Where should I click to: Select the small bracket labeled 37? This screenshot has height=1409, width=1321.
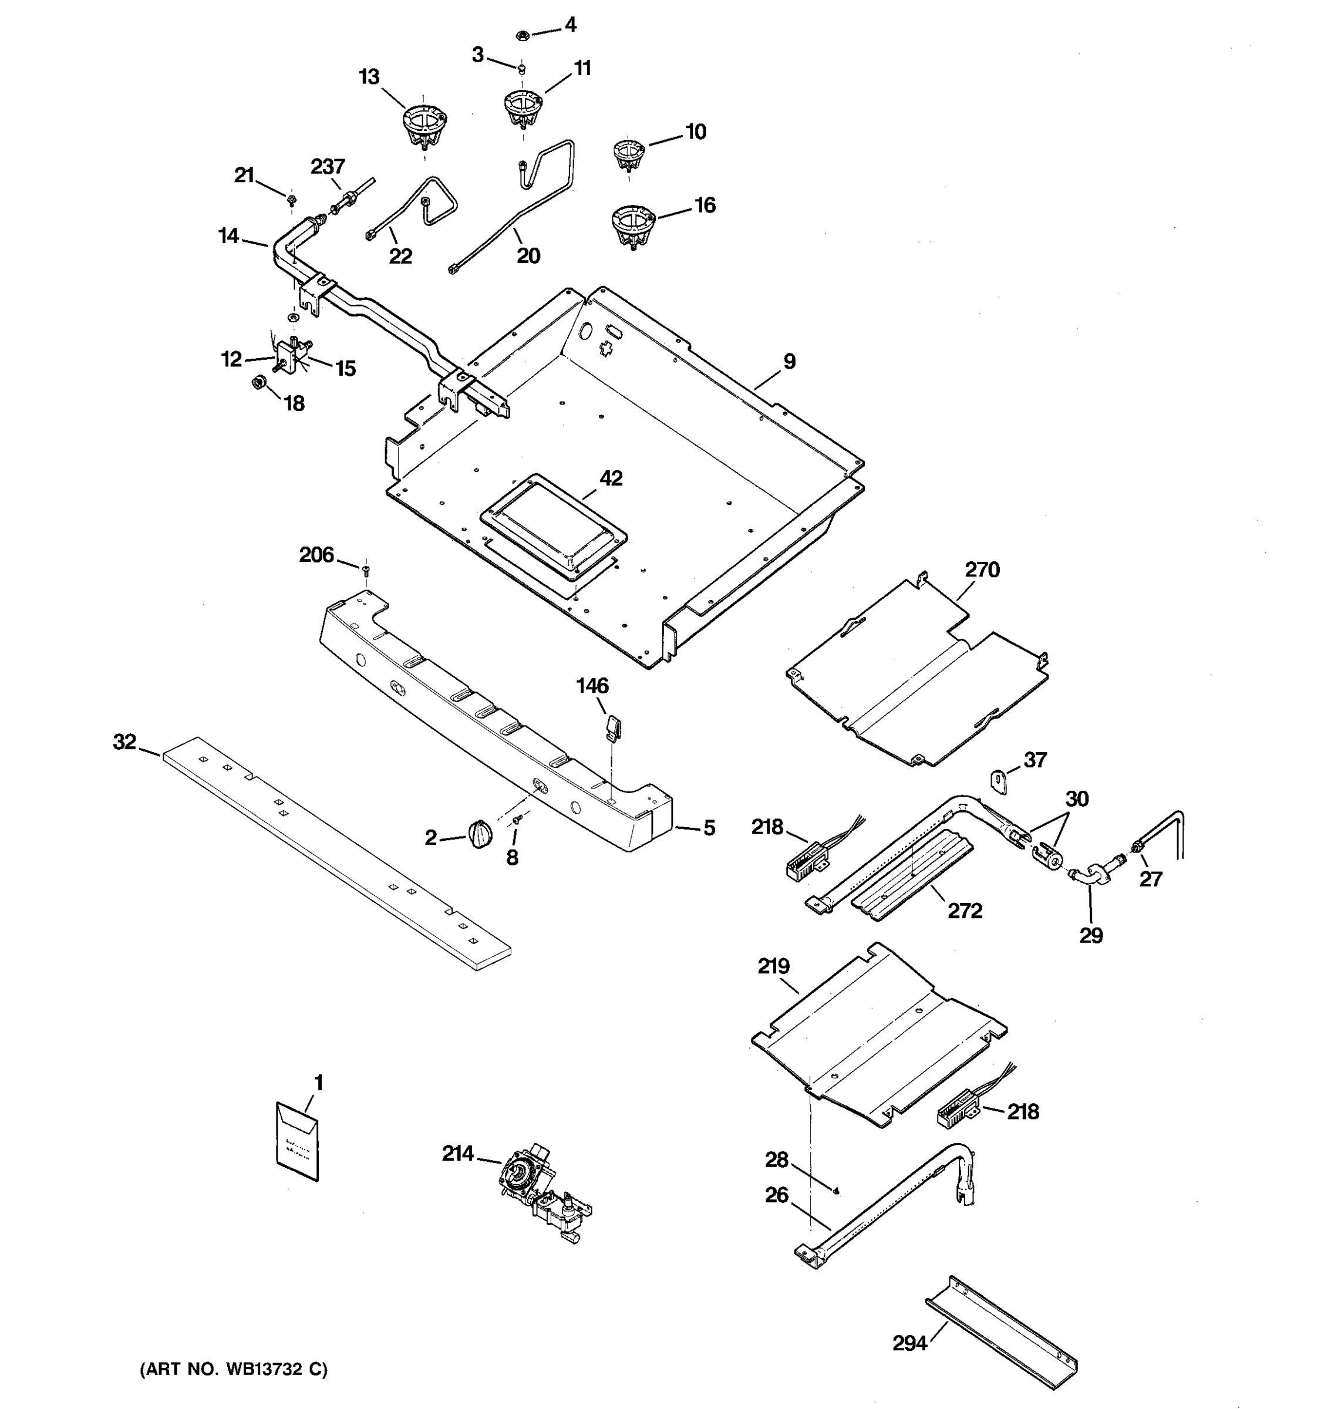click(999, 782)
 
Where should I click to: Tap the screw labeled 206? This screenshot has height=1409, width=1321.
click(366, 569)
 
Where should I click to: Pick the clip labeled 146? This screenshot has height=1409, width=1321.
click(613, 726)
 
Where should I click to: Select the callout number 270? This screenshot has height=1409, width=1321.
click(982, 570)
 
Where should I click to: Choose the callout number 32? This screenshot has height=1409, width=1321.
click(124, 742)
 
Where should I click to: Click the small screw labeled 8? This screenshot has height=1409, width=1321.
click(517, 820)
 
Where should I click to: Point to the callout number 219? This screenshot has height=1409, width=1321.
click(773, 966)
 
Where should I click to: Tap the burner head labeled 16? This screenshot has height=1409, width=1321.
click(632, 225)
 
